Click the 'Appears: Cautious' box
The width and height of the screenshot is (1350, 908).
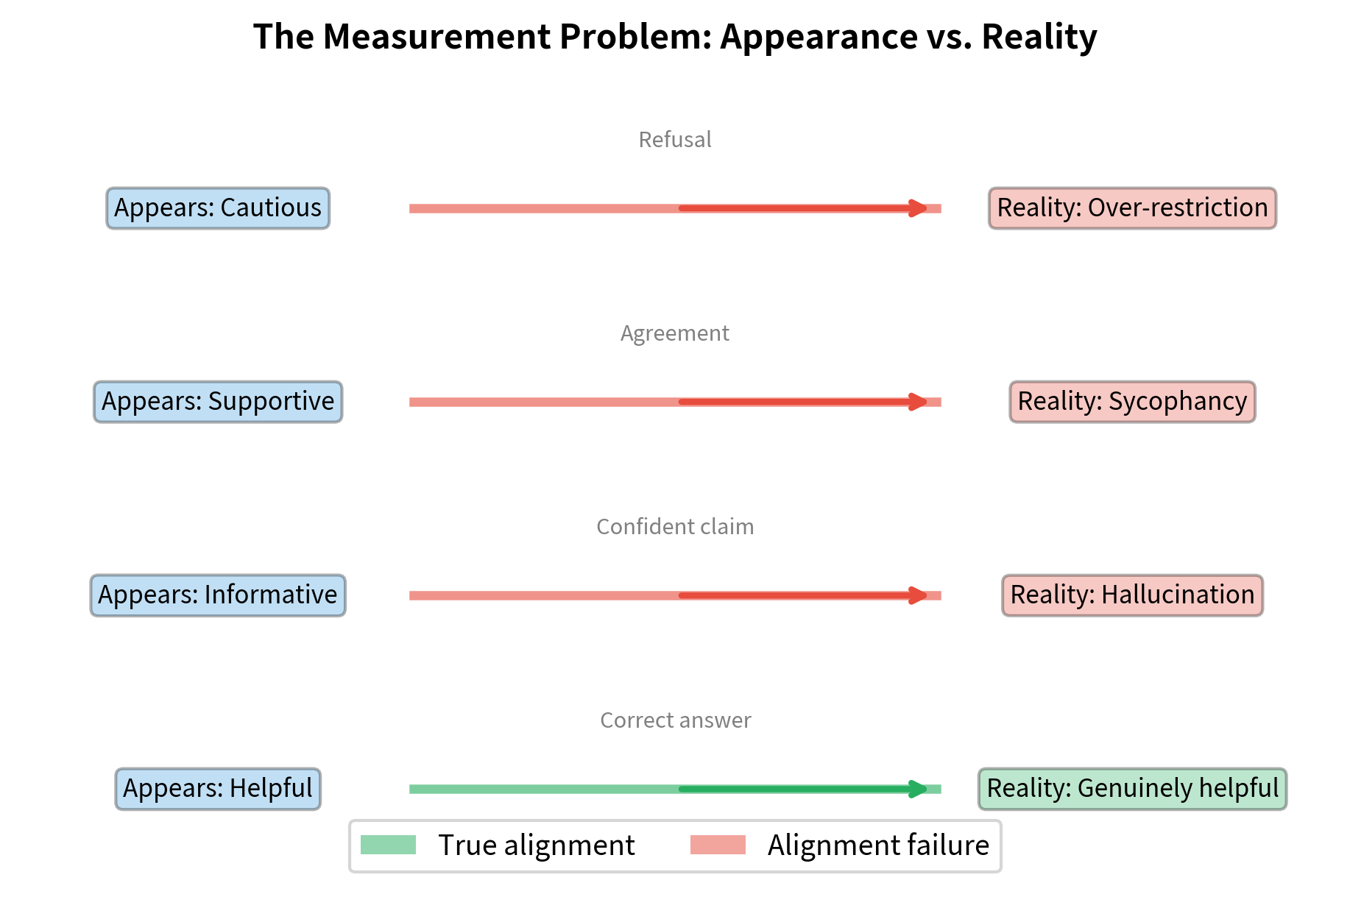click(218, 208)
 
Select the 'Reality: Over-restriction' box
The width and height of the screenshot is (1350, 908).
click(1132, 208)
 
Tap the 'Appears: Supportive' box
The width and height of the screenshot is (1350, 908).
click(218, 402)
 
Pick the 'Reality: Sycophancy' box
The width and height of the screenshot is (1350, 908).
click(1132, 402)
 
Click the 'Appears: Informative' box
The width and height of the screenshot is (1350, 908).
click(218, 595)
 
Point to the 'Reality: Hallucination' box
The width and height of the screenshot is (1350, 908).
click(1132, 595)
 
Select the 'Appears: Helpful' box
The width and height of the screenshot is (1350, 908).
click(218, 789)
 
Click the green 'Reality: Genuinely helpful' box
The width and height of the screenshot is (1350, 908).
click(1132, 789)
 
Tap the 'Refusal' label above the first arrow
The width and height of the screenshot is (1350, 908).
click(674, 140)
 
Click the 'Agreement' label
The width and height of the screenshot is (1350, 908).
click(674, 333)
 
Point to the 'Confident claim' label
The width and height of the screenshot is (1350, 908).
click(674, 527)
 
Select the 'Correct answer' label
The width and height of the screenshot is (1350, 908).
click(674, 720)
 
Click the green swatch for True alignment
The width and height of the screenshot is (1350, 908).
click(388, 845)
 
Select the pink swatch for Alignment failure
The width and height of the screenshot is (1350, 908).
click(718, 845)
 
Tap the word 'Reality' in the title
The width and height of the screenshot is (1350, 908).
click(1039, 37)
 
